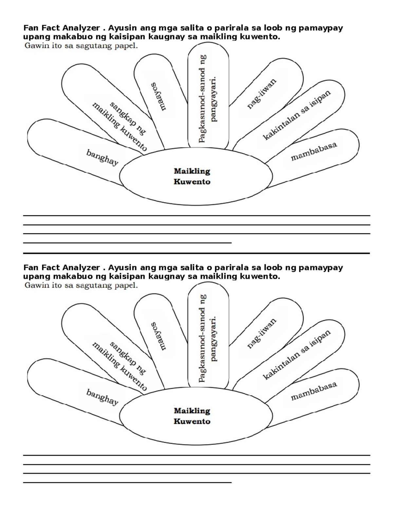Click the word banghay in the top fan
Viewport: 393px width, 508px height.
(102, 157)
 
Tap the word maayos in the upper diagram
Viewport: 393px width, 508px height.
(159, 96)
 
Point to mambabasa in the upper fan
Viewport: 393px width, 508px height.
(314, 151)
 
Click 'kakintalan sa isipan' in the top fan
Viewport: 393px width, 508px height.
(297, 115)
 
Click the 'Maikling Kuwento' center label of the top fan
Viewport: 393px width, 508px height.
(192, 176)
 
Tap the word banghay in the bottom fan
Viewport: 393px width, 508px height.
(102, 397)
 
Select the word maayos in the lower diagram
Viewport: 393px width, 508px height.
(159, 336)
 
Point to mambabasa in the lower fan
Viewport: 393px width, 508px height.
(314, 391)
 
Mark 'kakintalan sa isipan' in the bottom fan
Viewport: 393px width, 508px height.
(297, 354)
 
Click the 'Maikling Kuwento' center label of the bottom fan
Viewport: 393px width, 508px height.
(192, 416)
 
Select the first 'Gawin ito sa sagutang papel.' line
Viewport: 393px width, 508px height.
(81, 46)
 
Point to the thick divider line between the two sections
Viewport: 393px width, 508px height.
(196, 253)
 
